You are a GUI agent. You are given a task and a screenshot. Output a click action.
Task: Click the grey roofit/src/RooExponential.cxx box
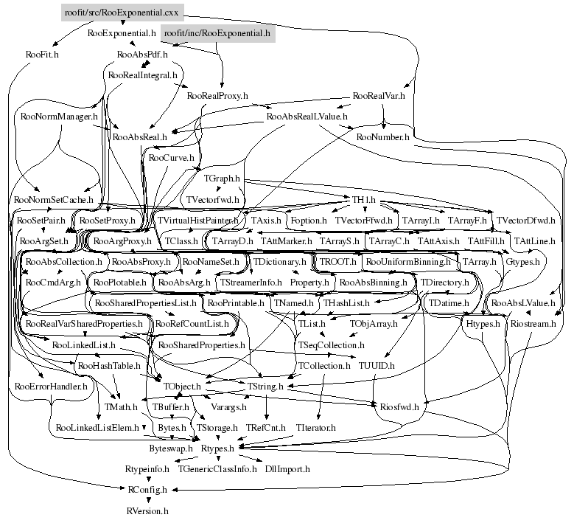(x=122, y=12)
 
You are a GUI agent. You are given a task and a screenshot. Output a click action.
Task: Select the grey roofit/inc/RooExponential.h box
(x=217, y=33)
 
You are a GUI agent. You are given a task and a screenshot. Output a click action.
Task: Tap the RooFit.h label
(x=42, y=55)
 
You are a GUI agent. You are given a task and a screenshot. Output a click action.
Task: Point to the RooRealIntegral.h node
(x=143, y=75)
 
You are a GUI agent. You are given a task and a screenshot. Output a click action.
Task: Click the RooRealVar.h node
(x=379, y=96)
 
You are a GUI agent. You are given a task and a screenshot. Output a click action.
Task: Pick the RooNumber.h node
(x=382, y=137)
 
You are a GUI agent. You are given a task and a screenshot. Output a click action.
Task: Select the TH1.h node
(x=363, y=200)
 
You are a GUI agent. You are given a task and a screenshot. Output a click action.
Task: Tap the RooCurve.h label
(x=171, y=158)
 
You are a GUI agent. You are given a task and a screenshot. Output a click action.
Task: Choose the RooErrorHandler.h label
(x=51, y=386)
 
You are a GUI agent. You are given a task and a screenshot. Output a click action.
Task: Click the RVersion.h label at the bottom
(x=147, y=510)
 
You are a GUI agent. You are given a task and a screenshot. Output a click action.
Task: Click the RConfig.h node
(x=147, y=489)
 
